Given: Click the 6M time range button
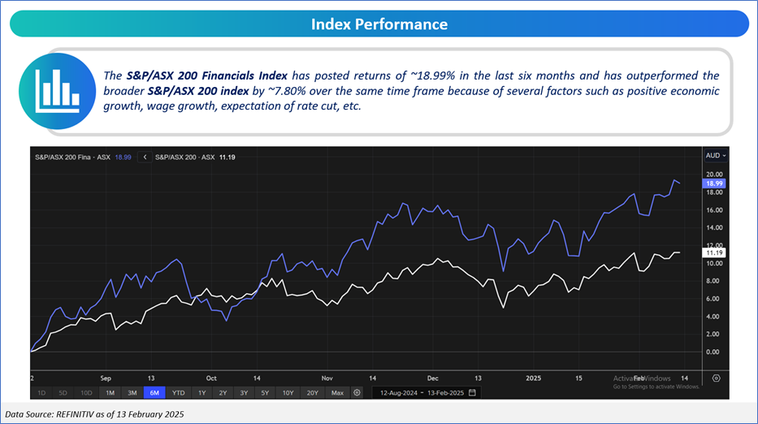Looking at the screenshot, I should (x=154, y=392).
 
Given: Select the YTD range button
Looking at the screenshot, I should (x=178, y=392).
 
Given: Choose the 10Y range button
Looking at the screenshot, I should (x=288, y=392).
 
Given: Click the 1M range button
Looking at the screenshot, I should (x=109, y=392).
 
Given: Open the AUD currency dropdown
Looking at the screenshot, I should (x=715, y=154).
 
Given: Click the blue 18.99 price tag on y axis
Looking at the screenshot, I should (x=714, y=184).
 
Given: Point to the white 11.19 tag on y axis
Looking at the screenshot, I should (x=714, y=253).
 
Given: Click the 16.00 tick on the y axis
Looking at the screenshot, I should (x=714, y=210).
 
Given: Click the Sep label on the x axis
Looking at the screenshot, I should (x=106, y=378).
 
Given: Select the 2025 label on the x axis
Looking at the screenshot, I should (x=534, y=378).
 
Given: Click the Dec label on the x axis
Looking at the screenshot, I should (x=432, y=378).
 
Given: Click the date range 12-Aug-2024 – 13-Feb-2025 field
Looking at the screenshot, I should (x=426, y=392).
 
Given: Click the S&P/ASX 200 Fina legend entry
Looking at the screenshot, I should (x=65, y=156).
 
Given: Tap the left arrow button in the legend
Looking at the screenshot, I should (x=145, y=156).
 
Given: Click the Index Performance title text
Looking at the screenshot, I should (x=379, y=24).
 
